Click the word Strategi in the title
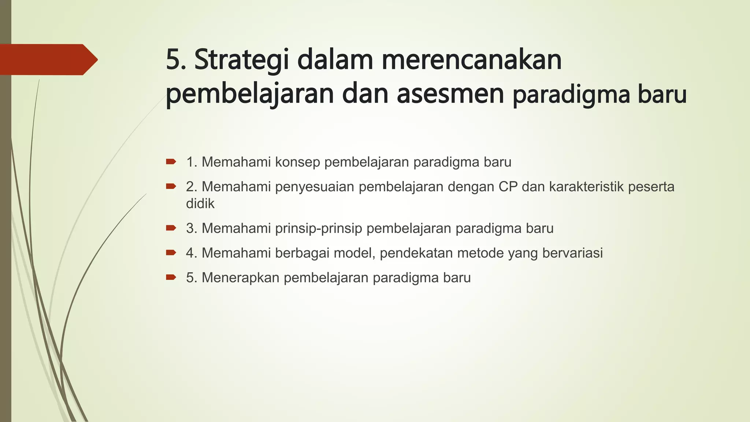(x=242, y=60)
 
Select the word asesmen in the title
(x=450, y=94)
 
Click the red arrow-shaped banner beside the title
(x=48, y=59)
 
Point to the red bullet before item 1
(x=171, y=162)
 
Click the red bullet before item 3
(x=171, y=228)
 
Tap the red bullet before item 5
(x=171, y=277)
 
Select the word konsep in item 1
(x=297, y=162)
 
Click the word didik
(x=200, y=204)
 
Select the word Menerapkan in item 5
(x=241, y=278)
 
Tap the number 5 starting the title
(x=174, y=60)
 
